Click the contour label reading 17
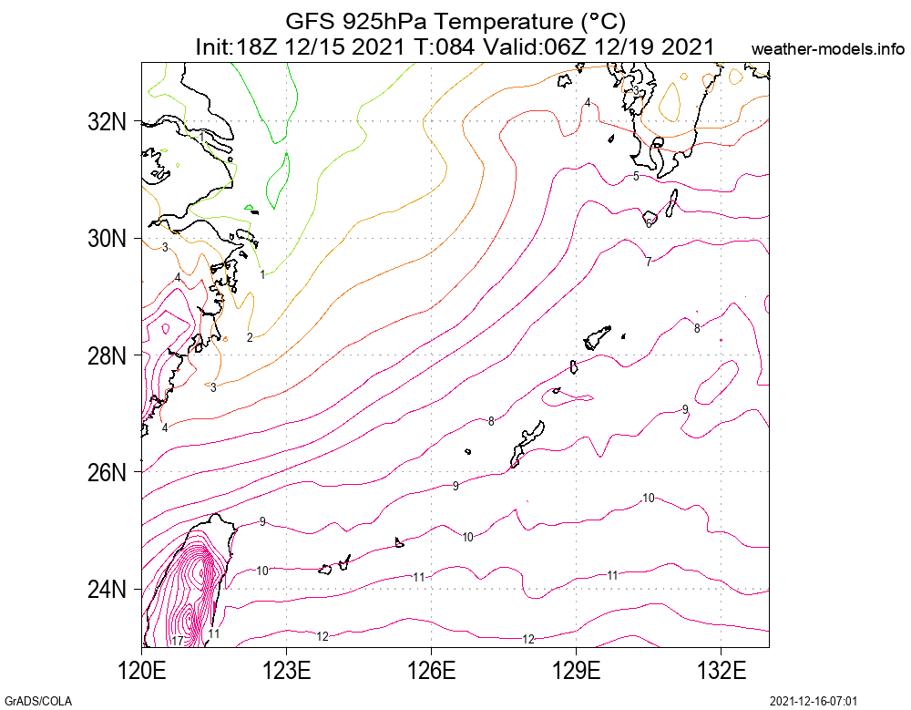(x=177, y=641)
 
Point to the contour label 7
(x=648, y=262)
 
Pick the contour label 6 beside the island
(x=648, y=222)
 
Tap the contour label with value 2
(x=250, y=337)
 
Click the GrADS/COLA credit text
(x=37, y=701)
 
